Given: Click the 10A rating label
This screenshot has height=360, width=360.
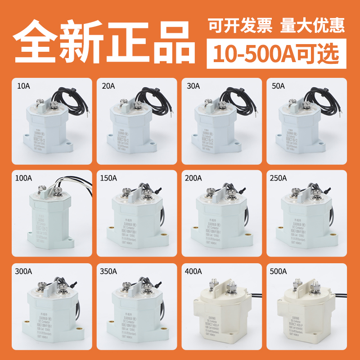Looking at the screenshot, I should point(22,85).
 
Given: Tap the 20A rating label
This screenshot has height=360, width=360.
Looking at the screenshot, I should point(108,85).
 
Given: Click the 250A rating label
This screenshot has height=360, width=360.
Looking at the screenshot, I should point(279,178).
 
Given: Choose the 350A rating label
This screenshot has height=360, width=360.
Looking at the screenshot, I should point(109,271).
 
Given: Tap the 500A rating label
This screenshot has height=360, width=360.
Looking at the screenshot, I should point(279,271).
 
